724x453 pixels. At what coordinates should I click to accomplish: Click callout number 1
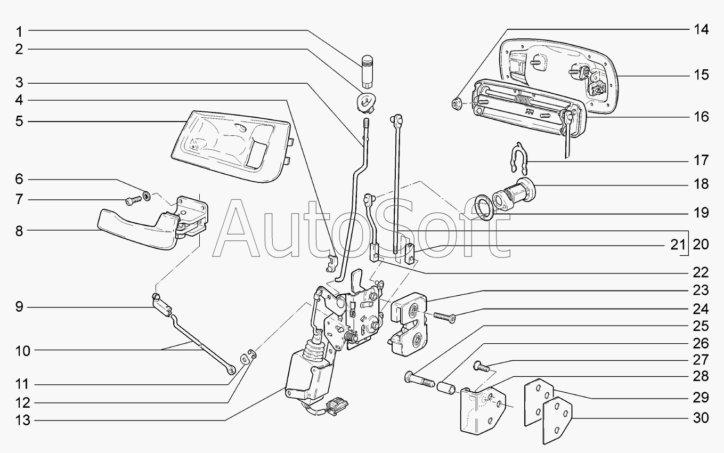(18, 30)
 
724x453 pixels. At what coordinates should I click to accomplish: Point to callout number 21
(676, 245)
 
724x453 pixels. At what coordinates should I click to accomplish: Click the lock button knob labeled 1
(367, 69)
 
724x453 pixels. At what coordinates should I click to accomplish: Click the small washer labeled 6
(147, 197)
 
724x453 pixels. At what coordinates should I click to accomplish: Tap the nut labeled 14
(457, 102)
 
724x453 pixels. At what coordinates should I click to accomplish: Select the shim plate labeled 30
(557, 421)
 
